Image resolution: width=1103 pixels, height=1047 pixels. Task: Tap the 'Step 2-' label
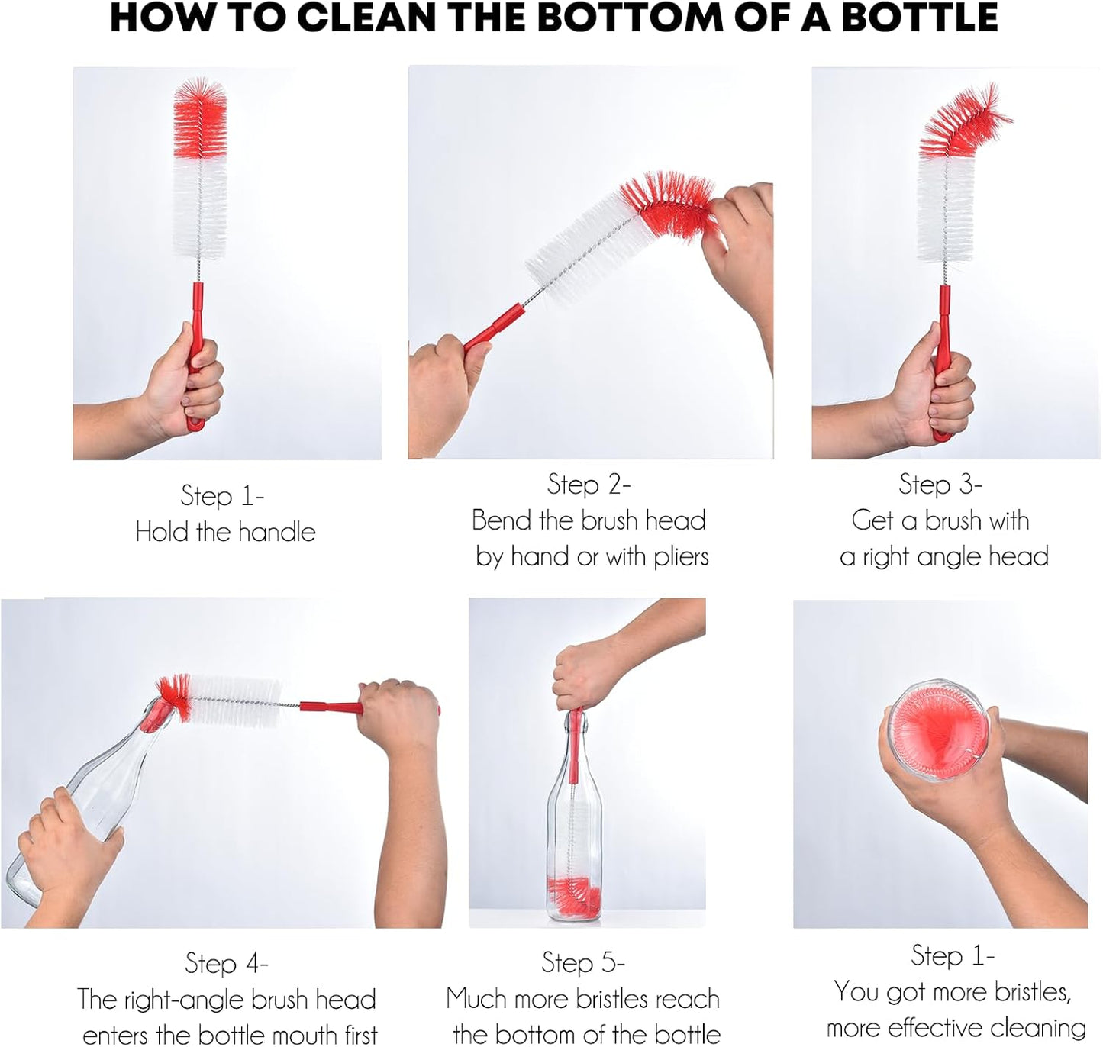[x=589, y=484]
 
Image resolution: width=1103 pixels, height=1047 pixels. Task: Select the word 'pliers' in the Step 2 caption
[x=680, y=556]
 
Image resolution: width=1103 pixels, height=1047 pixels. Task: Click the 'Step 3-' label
[x=940, y=484]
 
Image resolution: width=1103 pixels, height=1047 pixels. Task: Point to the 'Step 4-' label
[x=226, y=963]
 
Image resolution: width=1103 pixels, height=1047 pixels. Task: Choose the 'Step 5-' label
[x=583, y=962]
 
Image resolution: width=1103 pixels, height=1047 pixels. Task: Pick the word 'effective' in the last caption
[x=950, y=1027]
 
